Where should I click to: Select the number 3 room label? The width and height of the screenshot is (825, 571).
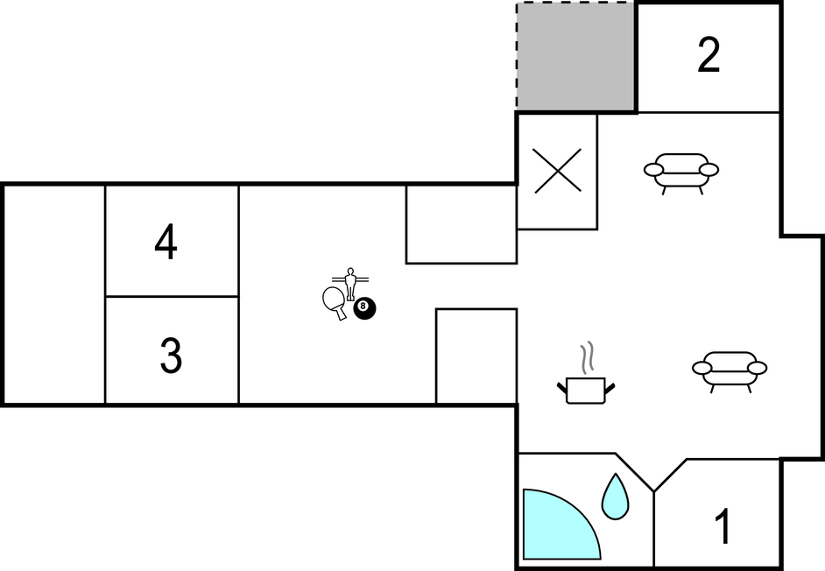171,356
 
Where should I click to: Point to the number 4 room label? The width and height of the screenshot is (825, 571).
166,242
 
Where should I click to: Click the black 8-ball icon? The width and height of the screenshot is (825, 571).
364,308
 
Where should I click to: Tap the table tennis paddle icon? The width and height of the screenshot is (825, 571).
335,303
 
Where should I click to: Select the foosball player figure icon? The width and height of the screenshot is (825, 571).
350,284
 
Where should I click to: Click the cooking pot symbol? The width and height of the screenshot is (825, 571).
586,390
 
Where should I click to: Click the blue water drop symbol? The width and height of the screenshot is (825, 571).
615,497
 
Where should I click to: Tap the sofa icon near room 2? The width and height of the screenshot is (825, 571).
681,173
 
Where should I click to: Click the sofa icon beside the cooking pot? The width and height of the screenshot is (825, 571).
730,370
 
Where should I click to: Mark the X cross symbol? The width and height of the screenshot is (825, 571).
558,171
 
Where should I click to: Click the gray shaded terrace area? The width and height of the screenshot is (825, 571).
575,57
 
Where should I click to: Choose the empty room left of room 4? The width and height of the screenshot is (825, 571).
54,295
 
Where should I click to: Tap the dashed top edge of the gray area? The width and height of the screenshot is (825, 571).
575,4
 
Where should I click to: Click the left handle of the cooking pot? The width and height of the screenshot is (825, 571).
562,389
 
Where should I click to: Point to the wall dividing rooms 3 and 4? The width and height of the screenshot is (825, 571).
172,296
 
